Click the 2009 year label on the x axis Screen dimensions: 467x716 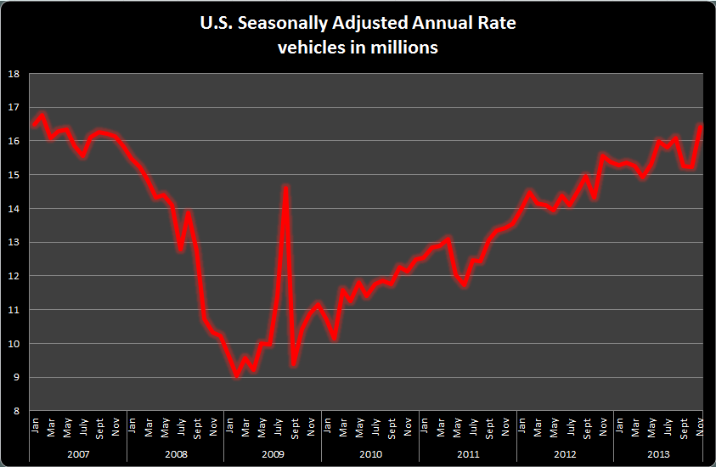(273, 453)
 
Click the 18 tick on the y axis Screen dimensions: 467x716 (14, 73)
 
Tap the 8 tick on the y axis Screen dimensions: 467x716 (16, 412)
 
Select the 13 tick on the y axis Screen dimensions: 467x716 (14, 243)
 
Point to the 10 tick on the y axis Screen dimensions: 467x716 (14, 344)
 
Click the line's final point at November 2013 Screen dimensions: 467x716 (702, 126)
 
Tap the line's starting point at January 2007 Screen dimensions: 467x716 (34, 126)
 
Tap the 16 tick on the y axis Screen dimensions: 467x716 (14, 141)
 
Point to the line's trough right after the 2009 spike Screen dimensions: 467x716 (294, 363)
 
